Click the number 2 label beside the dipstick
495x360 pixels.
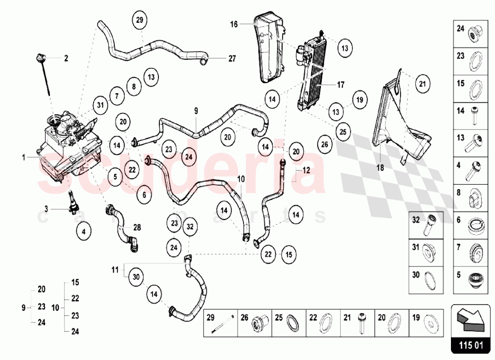(66, 58)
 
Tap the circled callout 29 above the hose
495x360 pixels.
(140, 20)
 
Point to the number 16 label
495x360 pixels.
(234, 24)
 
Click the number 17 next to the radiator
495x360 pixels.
(341, 85)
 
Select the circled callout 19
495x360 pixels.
(360, 100)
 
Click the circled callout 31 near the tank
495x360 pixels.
(100, 104)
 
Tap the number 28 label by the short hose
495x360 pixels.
(137, 227)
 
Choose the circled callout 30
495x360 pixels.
(137, 278)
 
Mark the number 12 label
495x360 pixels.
(305, 169)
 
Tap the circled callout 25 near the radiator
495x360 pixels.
(343, 132)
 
